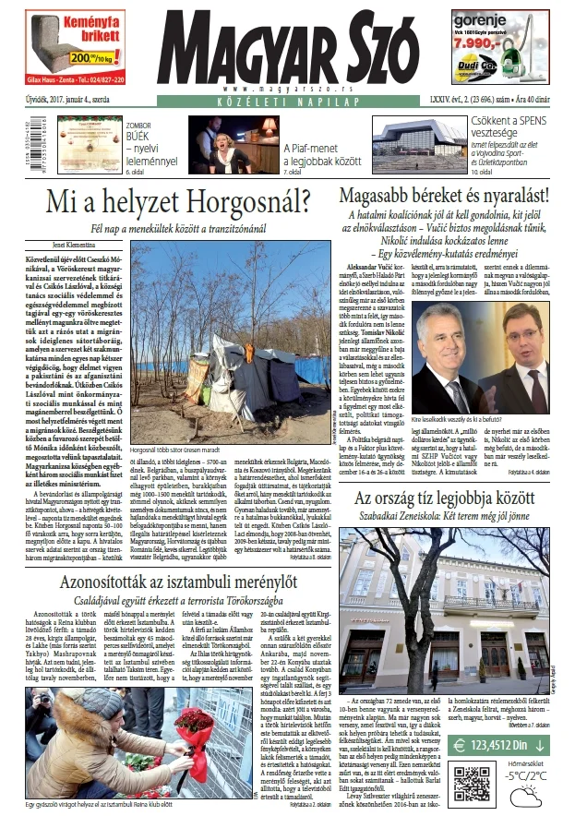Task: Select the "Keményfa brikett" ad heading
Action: coord(63,24)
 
